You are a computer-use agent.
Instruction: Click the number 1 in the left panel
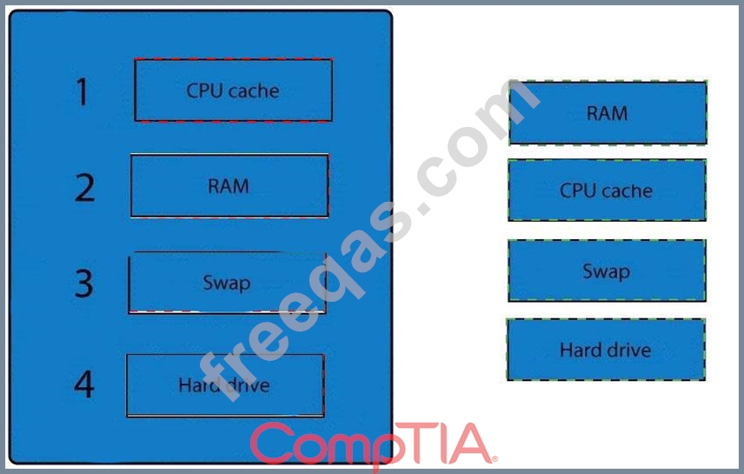pos(83,91)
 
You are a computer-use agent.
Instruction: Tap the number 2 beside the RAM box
pos(84,186)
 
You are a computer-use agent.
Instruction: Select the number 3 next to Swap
pos(83,283)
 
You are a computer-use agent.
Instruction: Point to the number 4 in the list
pos(83,384)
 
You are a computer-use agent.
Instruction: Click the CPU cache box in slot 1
pos(233,90)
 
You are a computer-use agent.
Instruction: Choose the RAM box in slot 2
pos(229,185)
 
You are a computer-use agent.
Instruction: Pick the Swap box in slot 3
pos(227,283)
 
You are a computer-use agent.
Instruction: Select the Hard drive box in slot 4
pos(225,384)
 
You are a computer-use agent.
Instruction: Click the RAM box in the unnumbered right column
pos(607,113)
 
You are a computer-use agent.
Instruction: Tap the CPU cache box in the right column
pos(606,190)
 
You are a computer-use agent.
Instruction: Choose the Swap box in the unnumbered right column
pos(606,271)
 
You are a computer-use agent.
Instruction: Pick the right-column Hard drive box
pos(605,350)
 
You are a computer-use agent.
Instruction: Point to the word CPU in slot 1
pos(205,90)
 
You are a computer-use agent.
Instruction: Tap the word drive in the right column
pos(628,350)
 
